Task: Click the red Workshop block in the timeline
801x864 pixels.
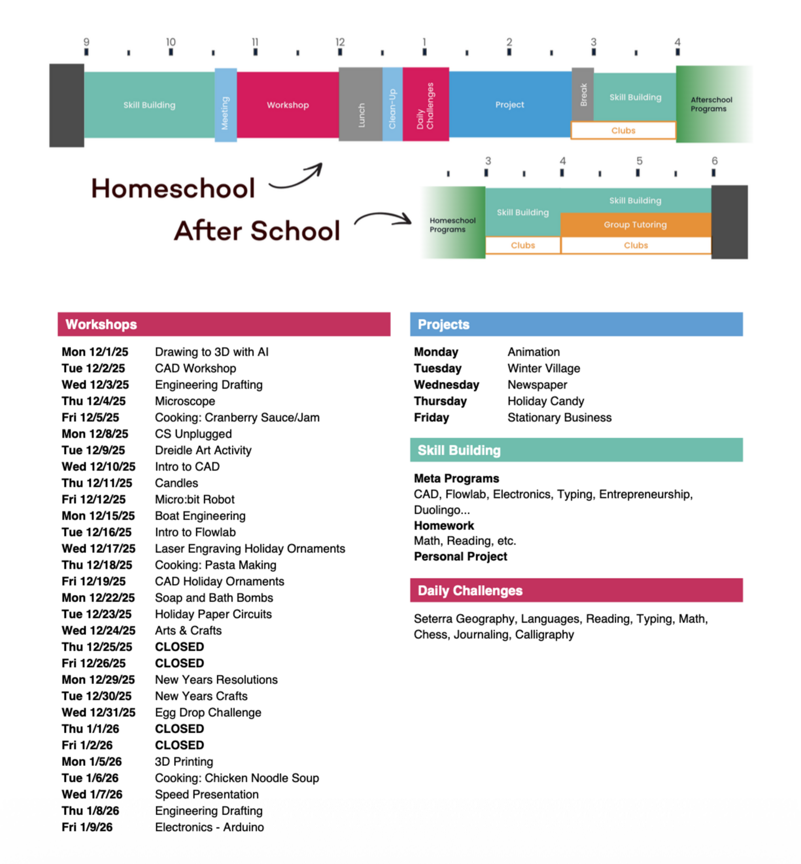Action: coord(288,105)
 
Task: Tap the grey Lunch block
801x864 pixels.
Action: coord(360,105)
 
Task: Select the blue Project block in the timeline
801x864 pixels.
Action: coord(510,105)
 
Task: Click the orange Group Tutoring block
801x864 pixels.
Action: coord(635,225)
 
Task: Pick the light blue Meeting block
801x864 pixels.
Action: coord(225,105)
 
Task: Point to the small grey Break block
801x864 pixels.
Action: coord(583,94)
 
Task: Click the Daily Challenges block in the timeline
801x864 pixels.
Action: coord(426,105)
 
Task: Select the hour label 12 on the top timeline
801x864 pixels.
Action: coord(340,42)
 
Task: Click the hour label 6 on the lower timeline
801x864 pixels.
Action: coord(714,161)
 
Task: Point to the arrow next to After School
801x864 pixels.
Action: coord(383,219)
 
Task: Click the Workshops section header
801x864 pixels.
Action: coord(224,324)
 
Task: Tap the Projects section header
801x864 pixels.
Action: coord(576,324)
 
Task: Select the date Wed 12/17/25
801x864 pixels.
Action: coord(99,549)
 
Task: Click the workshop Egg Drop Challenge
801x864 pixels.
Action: coord(208,712)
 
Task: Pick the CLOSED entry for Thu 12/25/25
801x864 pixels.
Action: coord(179,647)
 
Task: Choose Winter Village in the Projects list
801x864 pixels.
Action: coord(544,368)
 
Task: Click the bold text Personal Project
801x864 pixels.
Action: coord(460,557)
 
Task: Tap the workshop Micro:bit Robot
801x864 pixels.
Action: coord(195,500)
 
